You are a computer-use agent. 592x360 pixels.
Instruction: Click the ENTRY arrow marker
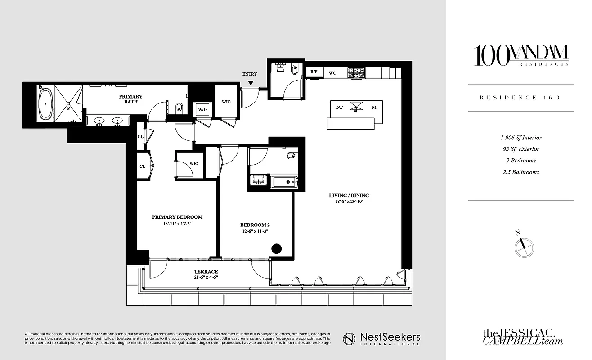251,83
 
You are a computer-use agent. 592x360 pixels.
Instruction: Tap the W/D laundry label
202,109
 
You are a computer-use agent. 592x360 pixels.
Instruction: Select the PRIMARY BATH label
130,99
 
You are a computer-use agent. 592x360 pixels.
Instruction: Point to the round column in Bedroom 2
276,249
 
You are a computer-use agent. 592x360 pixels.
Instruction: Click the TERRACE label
206,272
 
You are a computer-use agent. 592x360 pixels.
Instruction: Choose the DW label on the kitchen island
339,108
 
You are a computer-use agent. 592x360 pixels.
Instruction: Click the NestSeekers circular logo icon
350,338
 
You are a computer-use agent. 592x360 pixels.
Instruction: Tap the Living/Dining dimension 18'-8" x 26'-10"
349,202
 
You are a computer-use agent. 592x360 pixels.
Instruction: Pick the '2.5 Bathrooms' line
521,172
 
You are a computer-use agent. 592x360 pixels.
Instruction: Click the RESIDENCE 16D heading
521,98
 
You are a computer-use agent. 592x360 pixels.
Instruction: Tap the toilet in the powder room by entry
295,70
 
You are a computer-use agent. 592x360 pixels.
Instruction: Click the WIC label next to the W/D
226,102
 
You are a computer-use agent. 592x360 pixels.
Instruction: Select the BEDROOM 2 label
255,225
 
